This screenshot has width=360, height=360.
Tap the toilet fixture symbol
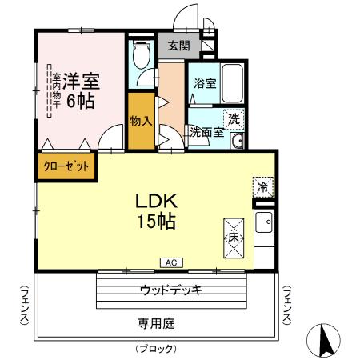point(142,55)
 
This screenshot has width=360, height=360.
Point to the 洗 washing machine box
point(233,117)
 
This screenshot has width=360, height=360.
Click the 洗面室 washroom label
point(206,133)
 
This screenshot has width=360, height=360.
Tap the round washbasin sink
point(236,142)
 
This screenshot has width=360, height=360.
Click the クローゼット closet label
point(66,166)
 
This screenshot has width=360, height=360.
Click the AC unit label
point(170,262)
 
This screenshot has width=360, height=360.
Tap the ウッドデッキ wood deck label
point(170,289)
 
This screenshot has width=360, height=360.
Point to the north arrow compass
point(326,341)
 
